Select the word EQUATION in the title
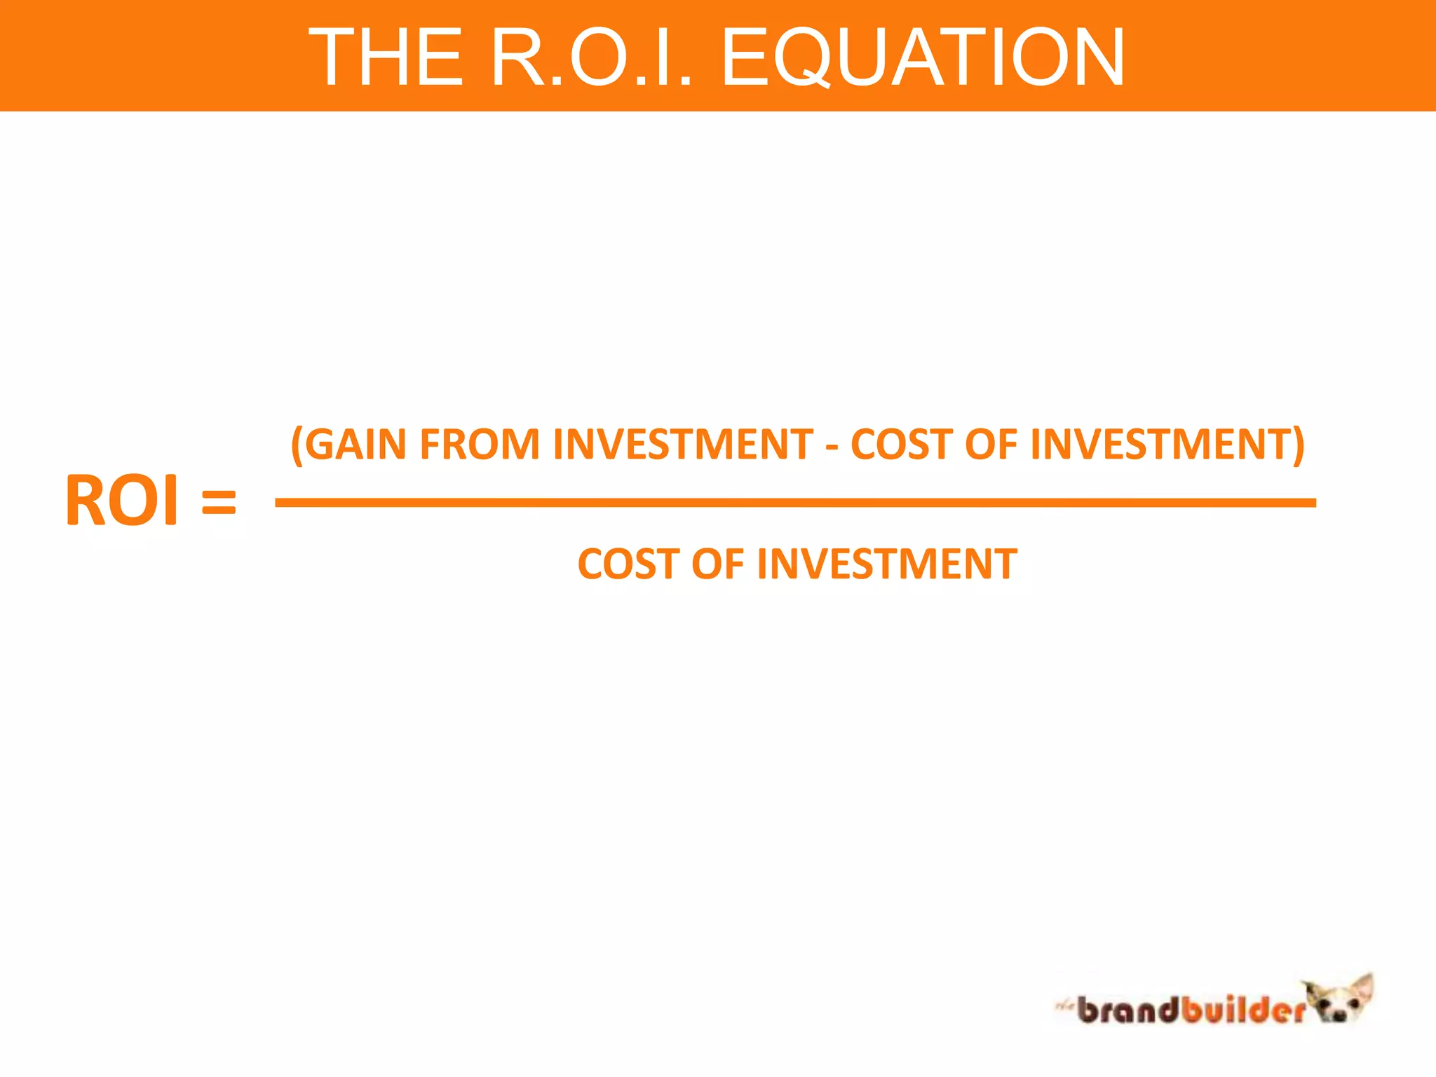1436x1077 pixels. click(x=923, y=57)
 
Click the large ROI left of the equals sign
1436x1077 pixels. click(x=122, y=501)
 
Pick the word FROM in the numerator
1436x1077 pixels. click(x=480, y=445)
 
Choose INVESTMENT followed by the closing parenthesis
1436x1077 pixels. click(x=1160, y=445)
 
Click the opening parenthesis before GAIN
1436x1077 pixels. click(x=297, y=445)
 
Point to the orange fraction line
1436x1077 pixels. click(x=795, y=503)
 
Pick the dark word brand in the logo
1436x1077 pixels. click(x=1127, y=1010)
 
